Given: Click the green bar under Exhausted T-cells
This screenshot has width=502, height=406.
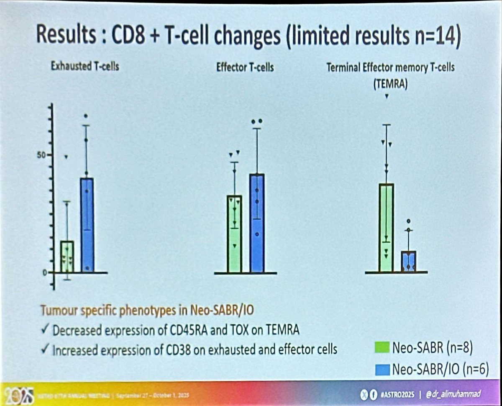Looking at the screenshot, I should coord(67,256).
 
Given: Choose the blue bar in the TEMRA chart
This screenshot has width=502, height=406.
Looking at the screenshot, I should coord(408,261).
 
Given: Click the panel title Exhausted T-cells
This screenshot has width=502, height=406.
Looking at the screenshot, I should coord(85,66).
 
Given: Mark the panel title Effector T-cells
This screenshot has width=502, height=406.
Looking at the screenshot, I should coord(245,67).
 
